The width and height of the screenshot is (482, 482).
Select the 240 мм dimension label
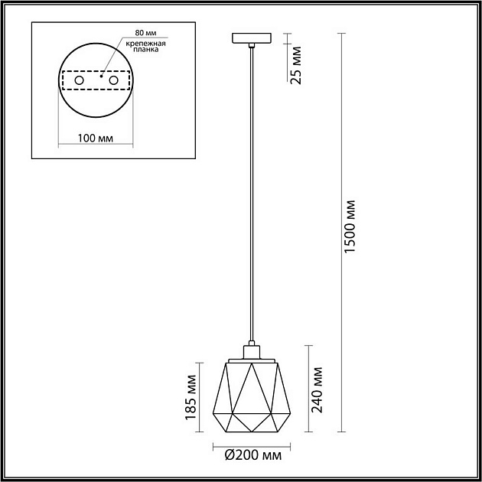tap(318, 390)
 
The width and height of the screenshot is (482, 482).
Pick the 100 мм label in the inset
tap(95, 138)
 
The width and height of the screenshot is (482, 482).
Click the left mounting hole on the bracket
tap(79, 80)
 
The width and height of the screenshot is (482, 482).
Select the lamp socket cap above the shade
tap(250, 351)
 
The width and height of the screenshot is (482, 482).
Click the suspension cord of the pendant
tap(250, 191)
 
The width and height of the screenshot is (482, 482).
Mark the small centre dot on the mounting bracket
tap(99, 77)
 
